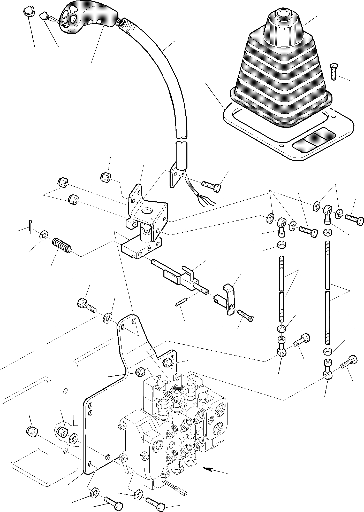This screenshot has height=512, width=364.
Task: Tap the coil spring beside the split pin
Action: point(61,246)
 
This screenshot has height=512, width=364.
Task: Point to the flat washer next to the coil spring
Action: point(43,235)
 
